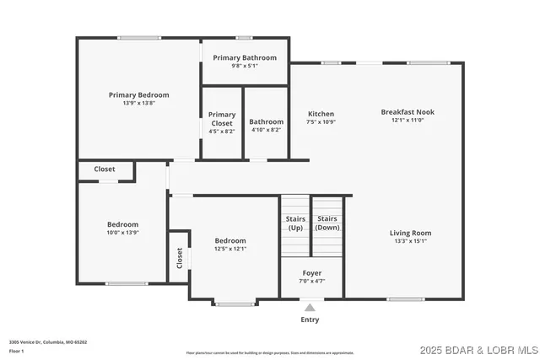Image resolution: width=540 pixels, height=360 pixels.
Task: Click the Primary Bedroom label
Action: coord(138,95)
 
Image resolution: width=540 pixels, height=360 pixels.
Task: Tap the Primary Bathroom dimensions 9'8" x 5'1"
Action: coord(245,66)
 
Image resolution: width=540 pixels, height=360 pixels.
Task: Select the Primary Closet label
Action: coord(222,119)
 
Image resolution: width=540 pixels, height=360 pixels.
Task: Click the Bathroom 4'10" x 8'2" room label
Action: coord(267,121)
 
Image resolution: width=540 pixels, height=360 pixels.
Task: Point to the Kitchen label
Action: coord(321,114)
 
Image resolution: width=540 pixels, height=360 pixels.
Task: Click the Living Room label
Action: coord(410,233)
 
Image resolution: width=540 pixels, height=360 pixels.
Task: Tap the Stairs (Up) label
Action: coord(295,223)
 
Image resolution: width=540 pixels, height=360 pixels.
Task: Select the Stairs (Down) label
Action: coord(327,223)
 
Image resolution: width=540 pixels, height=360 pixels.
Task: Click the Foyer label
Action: coord(311,273)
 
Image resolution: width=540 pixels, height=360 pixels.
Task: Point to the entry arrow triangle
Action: coord(310,308)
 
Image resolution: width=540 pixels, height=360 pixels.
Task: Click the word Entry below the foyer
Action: coord(310,320)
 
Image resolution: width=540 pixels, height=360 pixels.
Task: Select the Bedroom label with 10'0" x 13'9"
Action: coord(122,224)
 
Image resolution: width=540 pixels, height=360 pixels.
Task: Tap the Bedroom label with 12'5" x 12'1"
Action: coord(230,240)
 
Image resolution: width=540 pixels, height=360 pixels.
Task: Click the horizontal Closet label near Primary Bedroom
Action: coord(105,169)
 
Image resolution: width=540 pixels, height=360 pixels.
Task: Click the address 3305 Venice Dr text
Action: coord(48,342)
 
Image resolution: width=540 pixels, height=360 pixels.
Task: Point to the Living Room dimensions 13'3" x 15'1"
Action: coord(410,241)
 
